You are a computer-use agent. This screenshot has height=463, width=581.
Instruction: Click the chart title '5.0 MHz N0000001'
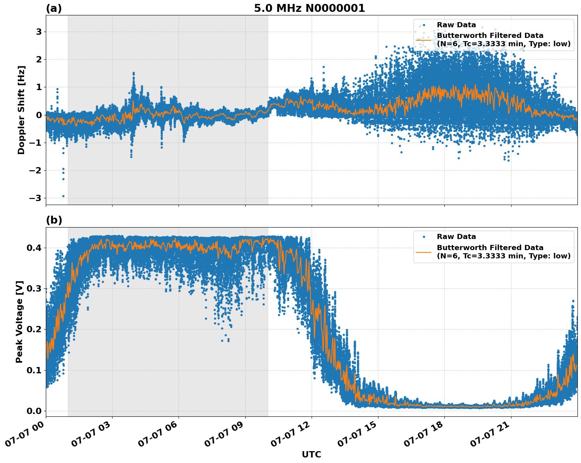click(x=309, y=8)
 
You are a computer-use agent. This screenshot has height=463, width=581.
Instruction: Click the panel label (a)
click(x=54, y=8)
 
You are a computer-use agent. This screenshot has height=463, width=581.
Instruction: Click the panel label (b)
click(x=54, y=220)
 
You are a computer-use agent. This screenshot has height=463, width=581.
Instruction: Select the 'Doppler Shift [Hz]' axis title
click(x=21, y=110)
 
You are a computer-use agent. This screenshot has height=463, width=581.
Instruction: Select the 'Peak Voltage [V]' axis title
click(x=20, y=322)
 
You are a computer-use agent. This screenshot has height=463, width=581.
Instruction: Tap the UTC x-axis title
click(x=311, y=454)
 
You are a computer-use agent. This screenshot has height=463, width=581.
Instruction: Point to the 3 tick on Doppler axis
click(x=39, y=32)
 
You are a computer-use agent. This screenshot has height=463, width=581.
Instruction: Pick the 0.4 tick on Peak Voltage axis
click(x=34, y=248)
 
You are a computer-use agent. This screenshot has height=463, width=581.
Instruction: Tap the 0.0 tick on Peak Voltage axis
click(x=34, y=411)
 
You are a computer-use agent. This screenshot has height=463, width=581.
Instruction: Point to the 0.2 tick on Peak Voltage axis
click(x=34, y=329)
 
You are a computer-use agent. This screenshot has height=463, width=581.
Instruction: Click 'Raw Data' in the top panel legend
click(x=456, y=25)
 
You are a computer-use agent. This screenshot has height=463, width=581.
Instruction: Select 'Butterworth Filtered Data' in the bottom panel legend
click(x=490, y=248)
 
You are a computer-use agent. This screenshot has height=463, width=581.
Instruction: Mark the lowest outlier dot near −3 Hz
click(x=63, y=196)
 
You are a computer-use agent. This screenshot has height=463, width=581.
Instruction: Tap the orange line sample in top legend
click(x=423, y=40)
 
